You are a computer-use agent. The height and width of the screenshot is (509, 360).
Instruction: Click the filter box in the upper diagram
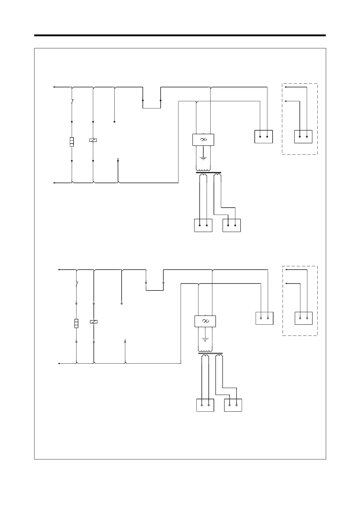coord(203,140)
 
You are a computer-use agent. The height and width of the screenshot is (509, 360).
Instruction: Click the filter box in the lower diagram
coord(205,321)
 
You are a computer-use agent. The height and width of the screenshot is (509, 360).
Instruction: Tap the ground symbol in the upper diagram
coord(203,158)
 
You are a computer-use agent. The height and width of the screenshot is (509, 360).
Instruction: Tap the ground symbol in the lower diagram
coord(205,339)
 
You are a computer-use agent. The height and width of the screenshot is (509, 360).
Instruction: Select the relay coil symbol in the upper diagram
coord(93,140)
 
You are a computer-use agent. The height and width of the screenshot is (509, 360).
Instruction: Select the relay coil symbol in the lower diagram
coord(94,322)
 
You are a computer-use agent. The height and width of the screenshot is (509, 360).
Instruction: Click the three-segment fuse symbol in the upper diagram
coord(72,142)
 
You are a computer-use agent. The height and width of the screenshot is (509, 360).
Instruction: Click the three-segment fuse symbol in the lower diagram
coord(76,323)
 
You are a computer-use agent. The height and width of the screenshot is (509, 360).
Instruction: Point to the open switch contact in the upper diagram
coord(72,102)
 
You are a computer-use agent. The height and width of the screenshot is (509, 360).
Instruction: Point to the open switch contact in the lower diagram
coord(77,284)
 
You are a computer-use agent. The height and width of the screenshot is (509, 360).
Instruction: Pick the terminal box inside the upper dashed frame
coord(303,137)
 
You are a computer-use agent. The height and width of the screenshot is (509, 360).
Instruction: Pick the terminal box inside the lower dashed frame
coord(304,318)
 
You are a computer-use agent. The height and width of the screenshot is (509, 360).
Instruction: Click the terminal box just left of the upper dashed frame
coord(264,137)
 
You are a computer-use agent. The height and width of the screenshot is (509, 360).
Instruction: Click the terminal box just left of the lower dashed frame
coord(264,318)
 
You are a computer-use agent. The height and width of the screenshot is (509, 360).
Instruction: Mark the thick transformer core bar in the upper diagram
coord(208,173)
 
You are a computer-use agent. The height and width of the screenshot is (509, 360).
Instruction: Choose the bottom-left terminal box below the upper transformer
coord(203,225)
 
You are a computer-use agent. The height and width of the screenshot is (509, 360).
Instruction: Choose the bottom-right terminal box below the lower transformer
coord(233,405)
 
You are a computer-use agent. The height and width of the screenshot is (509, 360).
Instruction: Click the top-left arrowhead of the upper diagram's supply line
coord(54,87)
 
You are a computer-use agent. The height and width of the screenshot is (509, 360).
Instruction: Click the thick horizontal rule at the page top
coord(180,35)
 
